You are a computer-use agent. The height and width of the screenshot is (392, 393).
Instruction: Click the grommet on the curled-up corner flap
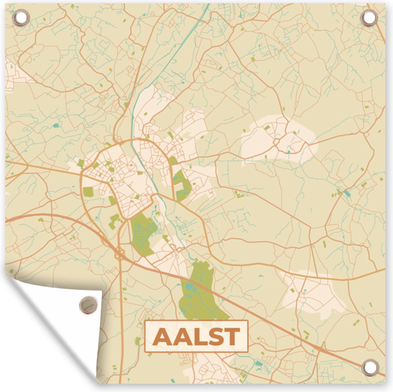[x=88, y=304]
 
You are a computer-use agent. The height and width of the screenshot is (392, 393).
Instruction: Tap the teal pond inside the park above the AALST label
[x=190, y=288]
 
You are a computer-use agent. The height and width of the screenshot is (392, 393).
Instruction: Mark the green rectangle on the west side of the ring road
[x=88, y=192]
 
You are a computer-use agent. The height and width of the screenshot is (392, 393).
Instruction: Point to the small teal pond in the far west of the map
[x=56, y=125]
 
